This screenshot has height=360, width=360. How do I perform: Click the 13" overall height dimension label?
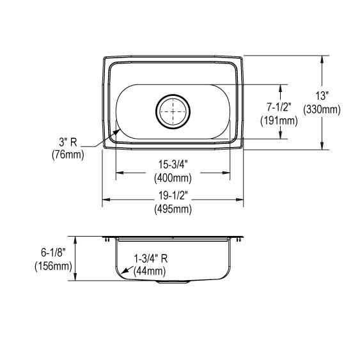[322, 95]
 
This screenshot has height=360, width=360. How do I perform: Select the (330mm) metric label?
[322, 109]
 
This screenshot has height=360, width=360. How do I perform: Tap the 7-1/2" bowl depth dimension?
[279, 107]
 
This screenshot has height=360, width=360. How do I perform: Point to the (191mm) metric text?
[279, 121]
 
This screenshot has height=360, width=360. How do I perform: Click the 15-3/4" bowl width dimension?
[173, 164]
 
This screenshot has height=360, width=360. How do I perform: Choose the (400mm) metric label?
[173, 178]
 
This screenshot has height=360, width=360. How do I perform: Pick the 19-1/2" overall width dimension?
[173, 196]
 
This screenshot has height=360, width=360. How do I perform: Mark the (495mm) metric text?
[173, 209]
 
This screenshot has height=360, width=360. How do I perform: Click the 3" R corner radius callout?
[68, 143]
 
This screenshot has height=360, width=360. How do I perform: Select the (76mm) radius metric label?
[68, 155]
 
